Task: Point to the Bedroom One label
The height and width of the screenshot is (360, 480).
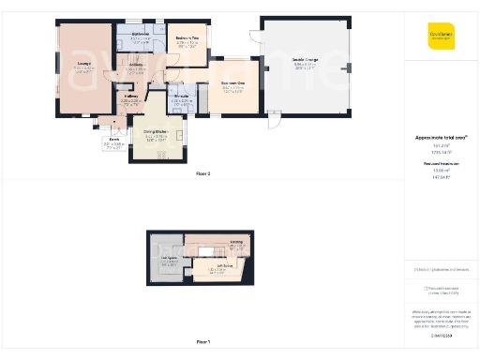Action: coord(233,83)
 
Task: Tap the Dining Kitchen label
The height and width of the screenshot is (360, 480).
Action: coord(155,135)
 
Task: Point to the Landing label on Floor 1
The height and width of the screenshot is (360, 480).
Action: coord(237,242)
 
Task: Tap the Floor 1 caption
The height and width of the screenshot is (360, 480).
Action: coord(202,342)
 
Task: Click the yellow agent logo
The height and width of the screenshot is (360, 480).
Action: coord(441,36)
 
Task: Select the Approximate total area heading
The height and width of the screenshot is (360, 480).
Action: coord(441,137)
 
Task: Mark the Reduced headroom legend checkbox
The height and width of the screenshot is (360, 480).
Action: coord(425,290)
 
